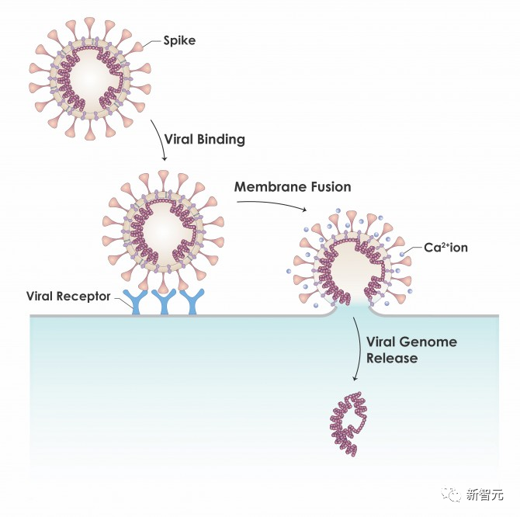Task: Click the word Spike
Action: click(x=179, y=41)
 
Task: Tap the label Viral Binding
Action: click(x=205, y=139)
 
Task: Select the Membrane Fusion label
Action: click(x=293, y=187)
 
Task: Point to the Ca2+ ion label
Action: click(x=445, y=248)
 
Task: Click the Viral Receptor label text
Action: click(x=68, y=296)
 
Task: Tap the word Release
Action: click(x=392, y=358)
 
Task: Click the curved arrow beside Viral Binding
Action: click(x=160, y=140)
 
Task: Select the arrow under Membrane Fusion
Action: click(x=272, y=204)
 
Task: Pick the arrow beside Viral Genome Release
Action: click(x=359, y=349)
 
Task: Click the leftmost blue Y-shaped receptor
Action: click(x=136, y=301)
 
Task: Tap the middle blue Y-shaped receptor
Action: click(x=164, y=301)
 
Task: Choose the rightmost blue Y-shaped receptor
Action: click(x=192, y=301)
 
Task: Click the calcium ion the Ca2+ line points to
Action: click(x=402, y=255)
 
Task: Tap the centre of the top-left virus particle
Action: click(x=90, y=79)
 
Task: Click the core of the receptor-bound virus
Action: click(x=163, y=231)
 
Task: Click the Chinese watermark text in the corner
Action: click(x=485, y=495)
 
